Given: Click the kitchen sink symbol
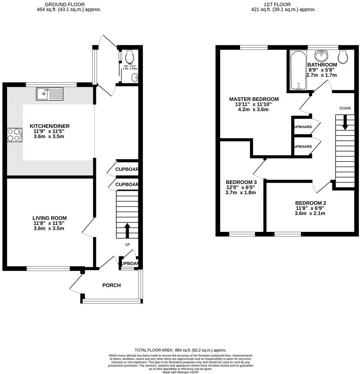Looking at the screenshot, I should pos(50,94).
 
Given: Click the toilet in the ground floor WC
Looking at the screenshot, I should pos(129,56).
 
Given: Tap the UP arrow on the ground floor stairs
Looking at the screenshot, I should pos(127,230).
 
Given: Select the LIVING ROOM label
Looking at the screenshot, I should pos(50,218).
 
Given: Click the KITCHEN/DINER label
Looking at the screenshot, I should pos(50,126).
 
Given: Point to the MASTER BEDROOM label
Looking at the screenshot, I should pos(254,99).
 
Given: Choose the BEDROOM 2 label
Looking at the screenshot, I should pos(310,203).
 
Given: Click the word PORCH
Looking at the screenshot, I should pos(112,285).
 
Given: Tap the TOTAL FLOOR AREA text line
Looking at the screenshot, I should pos(180,350).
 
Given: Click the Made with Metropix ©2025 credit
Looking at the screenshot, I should pos(180,372).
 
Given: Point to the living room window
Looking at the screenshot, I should pos(48,268).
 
